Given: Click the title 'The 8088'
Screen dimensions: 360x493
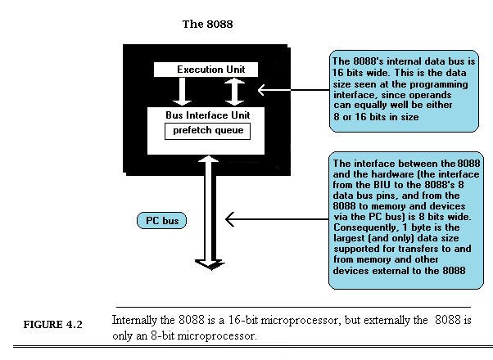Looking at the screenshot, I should pos(207,24).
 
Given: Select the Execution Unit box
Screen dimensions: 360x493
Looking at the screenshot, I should pos(211,70).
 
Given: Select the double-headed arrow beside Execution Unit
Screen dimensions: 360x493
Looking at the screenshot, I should pos(234,92).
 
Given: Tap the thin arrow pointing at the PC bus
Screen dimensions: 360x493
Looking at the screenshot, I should pos(274,219).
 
